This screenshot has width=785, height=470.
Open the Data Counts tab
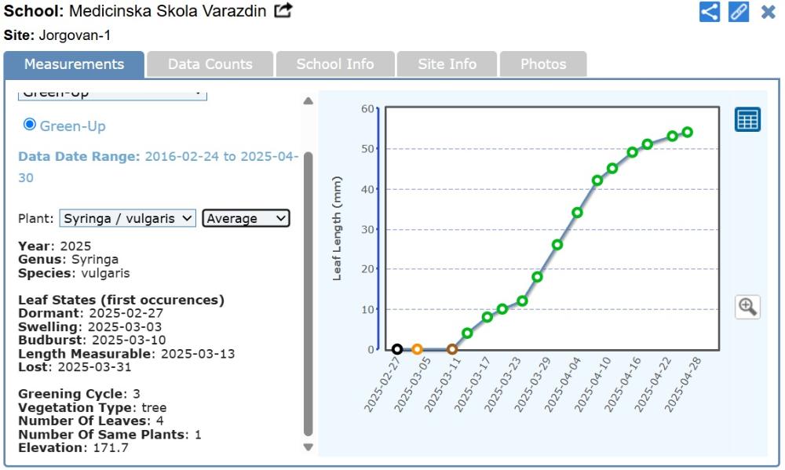[x=210, y=64]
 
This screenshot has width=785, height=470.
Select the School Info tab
[x=334, y=64]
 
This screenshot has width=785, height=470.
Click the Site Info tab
[x=447, y=64]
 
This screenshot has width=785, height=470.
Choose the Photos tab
[x=542, y=64]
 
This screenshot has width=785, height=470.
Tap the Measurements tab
[x=74, y=64]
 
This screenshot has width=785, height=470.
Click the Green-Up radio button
[x=30, y=124]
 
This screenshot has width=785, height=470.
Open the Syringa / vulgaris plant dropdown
[x=128, y=218]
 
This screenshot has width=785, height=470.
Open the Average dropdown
[x=246, y=218]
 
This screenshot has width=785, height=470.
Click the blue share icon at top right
[x=710, y=12]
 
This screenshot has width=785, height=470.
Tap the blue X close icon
[x=768, y=12]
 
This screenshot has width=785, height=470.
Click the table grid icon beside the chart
[x=747, y=119]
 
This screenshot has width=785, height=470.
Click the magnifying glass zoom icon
[x=747, y=306]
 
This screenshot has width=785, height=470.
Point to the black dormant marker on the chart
[x=397, y=349]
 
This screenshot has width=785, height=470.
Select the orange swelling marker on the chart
[x=417, y=349]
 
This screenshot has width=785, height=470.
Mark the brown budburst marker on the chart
[x=452, y=349]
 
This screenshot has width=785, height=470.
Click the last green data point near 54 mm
[x=687, y=132]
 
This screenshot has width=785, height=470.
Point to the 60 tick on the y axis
[x=366, y=108]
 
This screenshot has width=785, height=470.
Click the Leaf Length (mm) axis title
[x=338, y=228]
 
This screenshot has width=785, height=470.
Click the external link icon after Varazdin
[x=283, y=11]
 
